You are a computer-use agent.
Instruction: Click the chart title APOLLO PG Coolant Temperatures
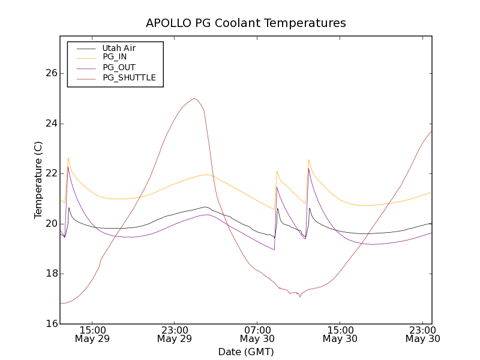click(246, 23)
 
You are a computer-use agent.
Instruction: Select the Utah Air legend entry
click(119, 48)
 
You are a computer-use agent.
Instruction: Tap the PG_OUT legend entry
click(119, 68)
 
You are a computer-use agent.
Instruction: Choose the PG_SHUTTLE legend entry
click(129, 78)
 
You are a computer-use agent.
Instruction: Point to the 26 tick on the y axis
click(51, 73)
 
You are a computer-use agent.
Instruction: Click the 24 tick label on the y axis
click(51, 124)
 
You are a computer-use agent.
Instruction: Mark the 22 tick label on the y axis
click(51, 173)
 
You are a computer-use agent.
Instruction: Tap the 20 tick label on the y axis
click(51, 224)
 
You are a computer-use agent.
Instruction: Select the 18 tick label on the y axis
click(51, 274)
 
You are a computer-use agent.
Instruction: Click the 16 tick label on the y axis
click(51, 324)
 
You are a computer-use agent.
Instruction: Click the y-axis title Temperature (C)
click(38, 180)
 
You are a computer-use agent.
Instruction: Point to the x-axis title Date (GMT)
click(246, 352)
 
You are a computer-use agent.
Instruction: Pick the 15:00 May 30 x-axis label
click(340, 334)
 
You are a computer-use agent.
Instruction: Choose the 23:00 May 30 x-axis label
click(422, 334)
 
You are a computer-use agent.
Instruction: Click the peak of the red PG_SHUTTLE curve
click(194, 98)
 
